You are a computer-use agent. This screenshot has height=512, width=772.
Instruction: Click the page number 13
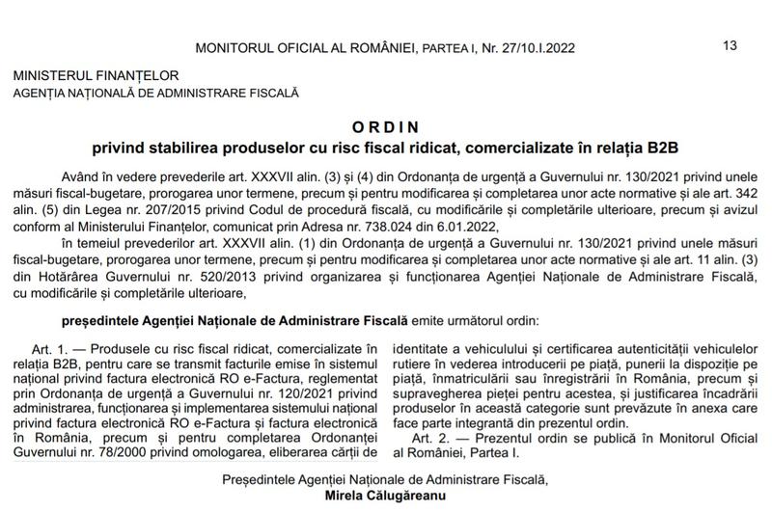click(730, 44)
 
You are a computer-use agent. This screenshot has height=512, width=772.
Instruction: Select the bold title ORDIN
click(385, 126)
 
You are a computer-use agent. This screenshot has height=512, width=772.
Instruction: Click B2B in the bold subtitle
click(664, 147)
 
